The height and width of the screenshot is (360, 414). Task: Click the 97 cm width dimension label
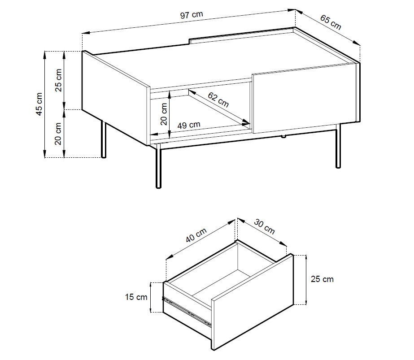pos(192,15)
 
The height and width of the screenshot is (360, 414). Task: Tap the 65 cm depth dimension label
pos(331,22)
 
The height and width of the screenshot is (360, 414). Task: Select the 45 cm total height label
pos(39,104)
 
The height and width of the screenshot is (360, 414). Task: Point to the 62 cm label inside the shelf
pos(218,100)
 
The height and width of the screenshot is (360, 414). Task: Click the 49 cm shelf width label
pos(189,125)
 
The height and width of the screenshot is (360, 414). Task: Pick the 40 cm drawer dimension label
pos(196,235)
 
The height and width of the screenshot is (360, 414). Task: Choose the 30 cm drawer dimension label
pos(264,227)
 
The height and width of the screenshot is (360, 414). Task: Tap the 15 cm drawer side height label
pos(136,297)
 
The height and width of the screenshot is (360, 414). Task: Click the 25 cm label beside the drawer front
pos(322,279)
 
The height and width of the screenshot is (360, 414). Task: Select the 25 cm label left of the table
pos(58,80)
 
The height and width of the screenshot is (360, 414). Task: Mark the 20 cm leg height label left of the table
pos(58,134)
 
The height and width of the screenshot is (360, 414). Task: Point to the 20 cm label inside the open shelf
pos(164,114)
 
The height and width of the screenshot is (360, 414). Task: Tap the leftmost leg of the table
pos(104,139)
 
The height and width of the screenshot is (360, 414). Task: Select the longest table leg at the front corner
pos(158,166)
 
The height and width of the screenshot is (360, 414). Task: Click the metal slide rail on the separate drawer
pos(187,311)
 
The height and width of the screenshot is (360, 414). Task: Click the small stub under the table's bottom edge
pos(283,136)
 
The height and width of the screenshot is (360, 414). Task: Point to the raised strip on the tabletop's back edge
pos(241,35)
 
